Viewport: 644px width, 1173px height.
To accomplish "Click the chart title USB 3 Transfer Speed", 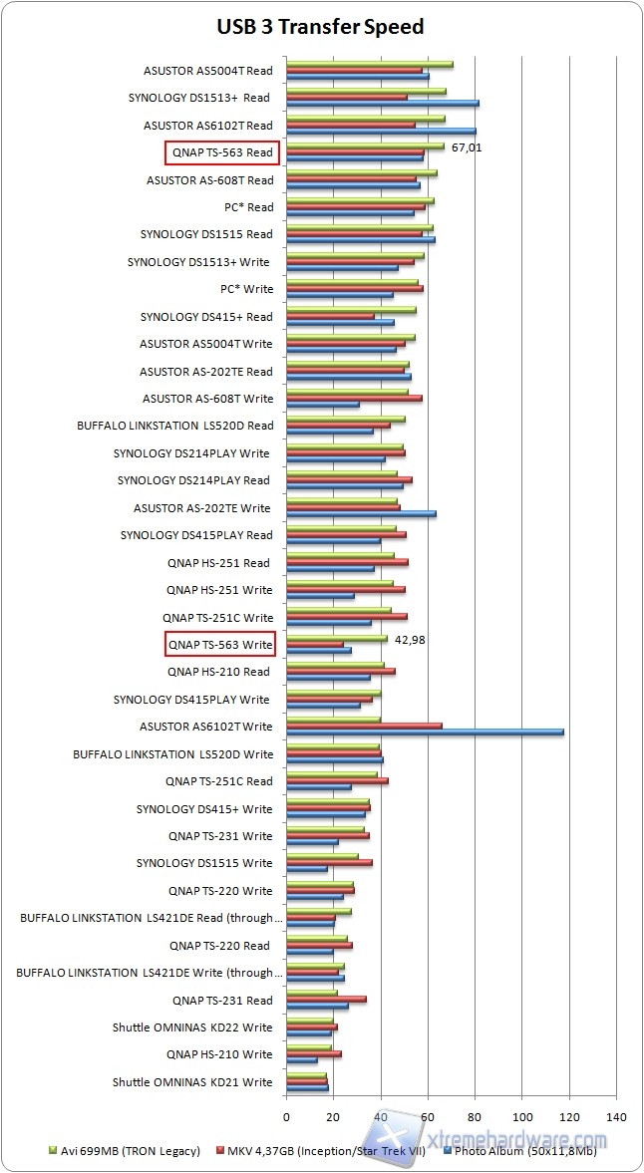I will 321,27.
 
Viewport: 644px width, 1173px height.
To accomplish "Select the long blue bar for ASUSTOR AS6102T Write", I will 425,733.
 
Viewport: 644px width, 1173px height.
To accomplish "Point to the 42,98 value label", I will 410,639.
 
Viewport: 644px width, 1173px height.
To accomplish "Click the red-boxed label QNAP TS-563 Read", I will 221,152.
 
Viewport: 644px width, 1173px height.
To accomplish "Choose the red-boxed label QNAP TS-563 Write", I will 220,645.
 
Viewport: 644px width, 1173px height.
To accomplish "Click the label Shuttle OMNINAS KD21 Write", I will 192,1082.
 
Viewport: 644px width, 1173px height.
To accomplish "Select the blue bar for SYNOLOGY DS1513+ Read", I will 383,104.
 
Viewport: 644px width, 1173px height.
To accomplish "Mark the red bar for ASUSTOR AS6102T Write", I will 364,726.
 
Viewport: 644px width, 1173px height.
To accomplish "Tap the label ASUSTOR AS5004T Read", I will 207,71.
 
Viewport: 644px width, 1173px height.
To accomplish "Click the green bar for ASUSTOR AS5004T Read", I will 369,65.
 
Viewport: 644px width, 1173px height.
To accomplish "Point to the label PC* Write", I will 246,289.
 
